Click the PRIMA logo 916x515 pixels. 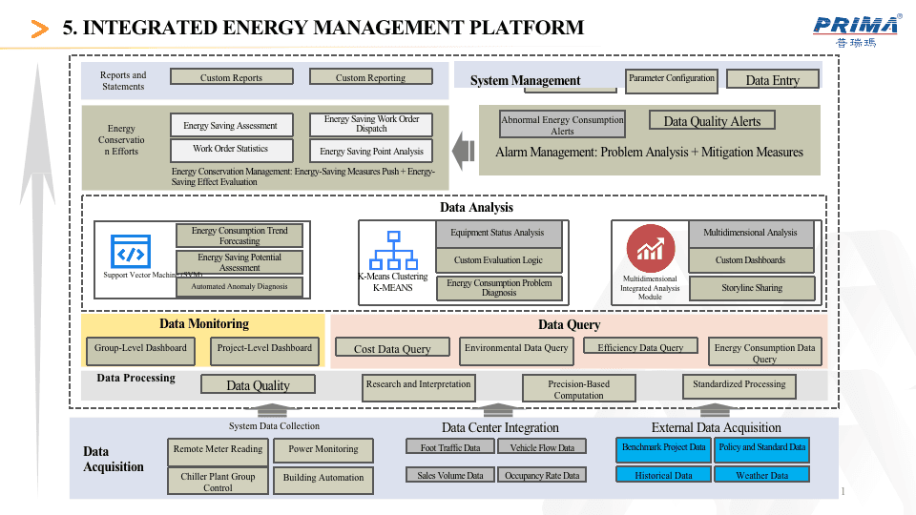(x=856, y=29)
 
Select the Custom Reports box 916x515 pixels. (x=231, y=77)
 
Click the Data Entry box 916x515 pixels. (x=773, y=80)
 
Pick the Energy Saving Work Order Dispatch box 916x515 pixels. (x=371, y=124)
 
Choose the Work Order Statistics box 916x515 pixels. (x=230, y=150)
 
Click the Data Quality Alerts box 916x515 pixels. (x=712, y=120)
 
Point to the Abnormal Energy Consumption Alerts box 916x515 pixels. (x=562, y=125)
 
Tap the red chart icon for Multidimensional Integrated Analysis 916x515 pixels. (x=651, y=250)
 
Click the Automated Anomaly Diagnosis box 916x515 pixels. (x=239, y=286)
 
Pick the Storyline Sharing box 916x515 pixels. (x=751, y=288)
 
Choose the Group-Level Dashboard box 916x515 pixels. (x=140, y=350)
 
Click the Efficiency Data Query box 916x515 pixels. (x=640, y=348)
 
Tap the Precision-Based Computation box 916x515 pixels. (x=578, y=389)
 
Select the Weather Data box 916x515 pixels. (x=761, y=475)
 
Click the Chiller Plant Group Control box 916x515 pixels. (x=218, y=481)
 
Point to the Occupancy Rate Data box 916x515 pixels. (x=542, y=475)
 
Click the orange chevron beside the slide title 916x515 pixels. (x=40, y=30)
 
